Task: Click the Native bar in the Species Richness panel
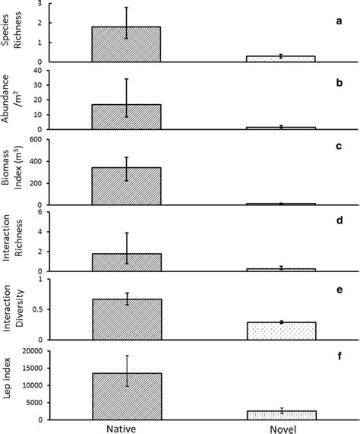[x=126, y=44]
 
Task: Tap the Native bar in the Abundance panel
[x=126, y=116]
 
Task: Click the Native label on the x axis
[x=126, y=428]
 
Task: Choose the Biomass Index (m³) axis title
[x=13, y=173]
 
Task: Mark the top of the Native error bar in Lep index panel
[x=127, y=355]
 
